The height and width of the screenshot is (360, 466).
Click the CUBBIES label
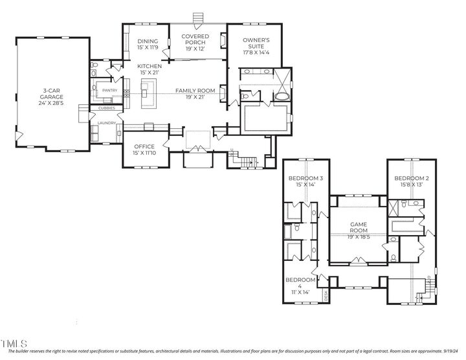click(107, 108)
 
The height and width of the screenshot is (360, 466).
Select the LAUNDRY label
click(106, 122)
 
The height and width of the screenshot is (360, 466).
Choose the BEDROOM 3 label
click(305, 178)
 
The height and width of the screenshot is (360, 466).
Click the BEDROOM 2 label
click(412, 178)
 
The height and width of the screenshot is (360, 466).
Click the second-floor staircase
click(422, 288)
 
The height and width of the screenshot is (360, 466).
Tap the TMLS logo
click(14, 343)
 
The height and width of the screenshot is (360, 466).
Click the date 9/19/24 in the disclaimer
click(455, 352)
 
